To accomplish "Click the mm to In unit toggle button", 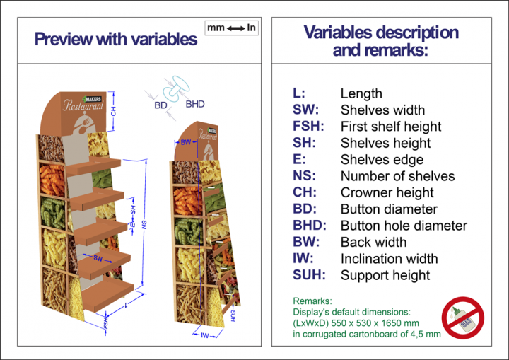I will coord(231,28).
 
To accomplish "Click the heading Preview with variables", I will coord(116,39).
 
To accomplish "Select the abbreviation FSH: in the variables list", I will coord(308,127).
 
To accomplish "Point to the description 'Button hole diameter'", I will coord(404,226).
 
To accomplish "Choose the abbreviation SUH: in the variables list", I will coord(309,275).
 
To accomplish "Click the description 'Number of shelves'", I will coord(397,176).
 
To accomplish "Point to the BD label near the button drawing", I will coord(160,105).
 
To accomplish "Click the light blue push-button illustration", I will coord(171,91).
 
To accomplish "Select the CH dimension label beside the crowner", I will coord(113,111).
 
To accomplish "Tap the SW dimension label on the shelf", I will coord(98,259).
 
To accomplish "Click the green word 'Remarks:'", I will coord(308,301).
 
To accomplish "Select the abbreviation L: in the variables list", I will coord(299,93).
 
